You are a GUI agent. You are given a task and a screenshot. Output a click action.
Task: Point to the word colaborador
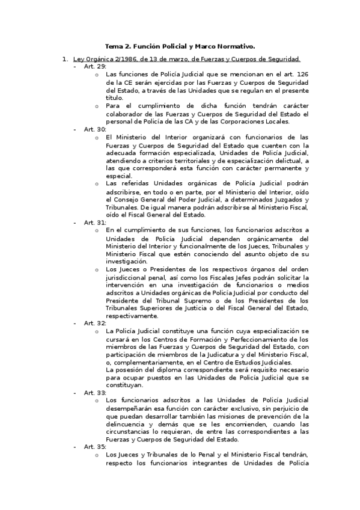click(124, 113)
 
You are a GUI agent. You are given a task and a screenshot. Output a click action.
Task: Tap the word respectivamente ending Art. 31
click(133, 316)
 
